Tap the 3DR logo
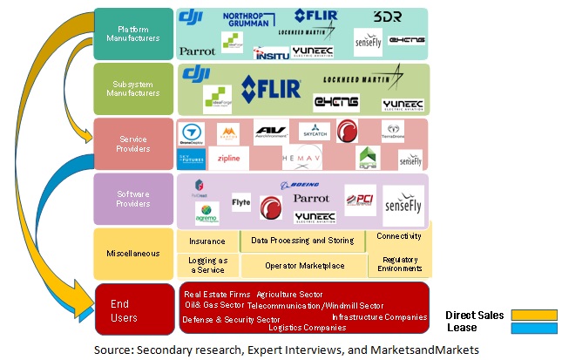(386, 17)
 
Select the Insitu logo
(270, 52)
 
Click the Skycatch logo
(315, 132)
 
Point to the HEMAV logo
(302, 159)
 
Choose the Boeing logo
(299, 185)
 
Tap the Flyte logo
(241, 202)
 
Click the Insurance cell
(207, 241)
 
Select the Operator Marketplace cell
(304, 265)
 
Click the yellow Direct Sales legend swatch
(532, 315)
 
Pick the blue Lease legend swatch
(532, 328)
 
